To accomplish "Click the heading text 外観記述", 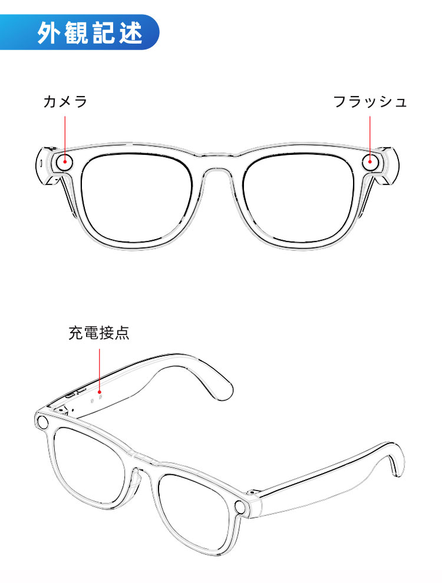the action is pyautogui.click(x=90, y=33).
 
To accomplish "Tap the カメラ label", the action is pyautogui.click(x=65, y=101).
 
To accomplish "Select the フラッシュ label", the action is pyautogui.click(x=370, y=101).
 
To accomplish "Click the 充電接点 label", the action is pyautogui.click(x=99, y=333).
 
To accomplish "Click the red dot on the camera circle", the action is pyautogui.click(x=65, y=162).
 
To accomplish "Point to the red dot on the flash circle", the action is pyautogui.click(x=370, y=161).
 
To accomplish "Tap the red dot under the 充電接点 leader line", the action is pyautogui.click(x=100, y=392).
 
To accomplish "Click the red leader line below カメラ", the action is pyautogui.click(x=65, y=138).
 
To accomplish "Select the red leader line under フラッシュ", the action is pyautogui.click(x=370, y=138).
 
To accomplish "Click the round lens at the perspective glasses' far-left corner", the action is pyautogui.click(x=43, y=422).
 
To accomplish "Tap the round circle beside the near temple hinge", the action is pyautogui.click(x=240, y=507).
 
